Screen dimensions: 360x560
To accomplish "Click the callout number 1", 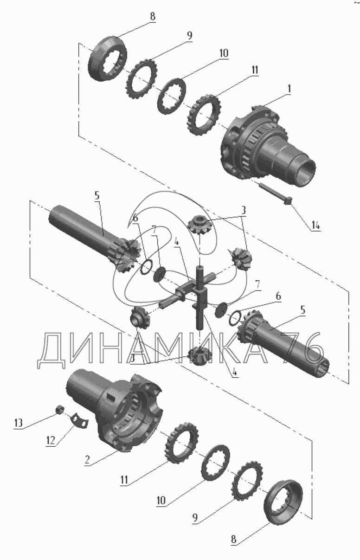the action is click(x=289, y=89).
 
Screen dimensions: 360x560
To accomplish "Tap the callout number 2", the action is click(x=87, y=459).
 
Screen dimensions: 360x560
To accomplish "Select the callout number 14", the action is click(x=315, y=226).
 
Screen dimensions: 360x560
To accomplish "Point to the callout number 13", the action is click(x=18, y=423).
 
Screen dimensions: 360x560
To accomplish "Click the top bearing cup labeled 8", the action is click(x=108, y=58).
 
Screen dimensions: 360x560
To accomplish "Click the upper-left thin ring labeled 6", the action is click(x=146, y=267).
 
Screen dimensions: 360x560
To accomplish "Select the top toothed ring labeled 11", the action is click(x=204, y=115).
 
